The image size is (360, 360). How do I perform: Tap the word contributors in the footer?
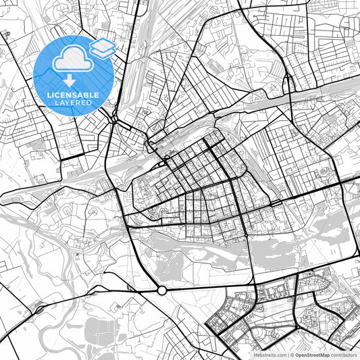pyautogui.click(x=344, y=354)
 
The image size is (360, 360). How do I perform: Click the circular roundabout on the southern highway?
pyautogui.click(x=162, y=290)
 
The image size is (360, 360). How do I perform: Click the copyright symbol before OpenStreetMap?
pyautogui.click(x=291, y=354)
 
